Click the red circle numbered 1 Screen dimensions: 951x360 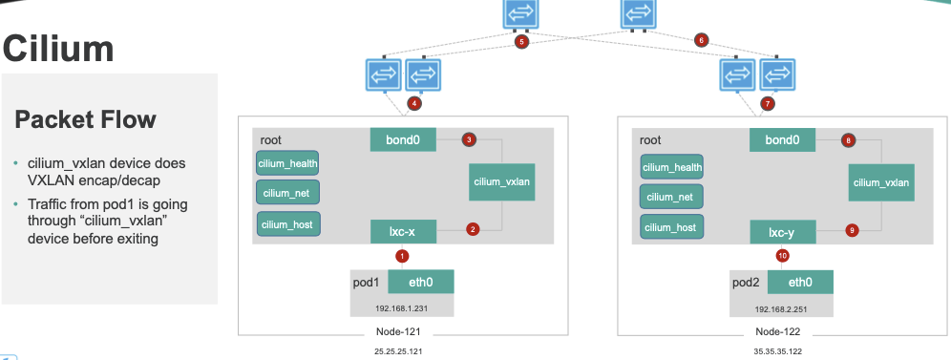pos(402,256)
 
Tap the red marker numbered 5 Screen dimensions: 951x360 pos(521,42)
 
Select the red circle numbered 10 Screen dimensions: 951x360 pos(782,256)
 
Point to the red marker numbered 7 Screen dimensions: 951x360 pos(768,104)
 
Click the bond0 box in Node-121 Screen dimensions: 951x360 pos(403,140)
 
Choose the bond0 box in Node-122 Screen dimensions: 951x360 pos(782,140)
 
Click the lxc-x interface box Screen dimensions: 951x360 pos(403,231)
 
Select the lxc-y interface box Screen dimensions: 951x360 pos(783,231)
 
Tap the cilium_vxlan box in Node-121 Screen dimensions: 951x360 pos(501,181)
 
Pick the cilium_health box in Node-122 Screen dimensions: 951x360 pos(672,167)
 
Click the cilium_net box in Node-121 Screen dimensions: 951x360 pos(287,192)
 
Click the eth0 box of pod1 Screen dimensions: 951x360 pos(421,282)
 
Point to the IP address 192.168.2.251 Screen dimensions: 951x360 pos(781,309)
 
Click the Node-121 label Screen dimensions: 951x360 pos(398,332)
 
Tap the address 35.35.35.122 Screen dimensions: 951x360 pos(777,350)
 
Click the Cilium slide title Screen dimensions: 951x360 pos(58,49)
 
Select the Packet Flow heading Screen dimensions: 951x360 pos(85,119)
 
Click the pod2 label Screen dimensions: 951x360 pos(746,283)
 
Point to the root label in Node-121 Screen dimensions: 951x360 pos(270,140)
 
